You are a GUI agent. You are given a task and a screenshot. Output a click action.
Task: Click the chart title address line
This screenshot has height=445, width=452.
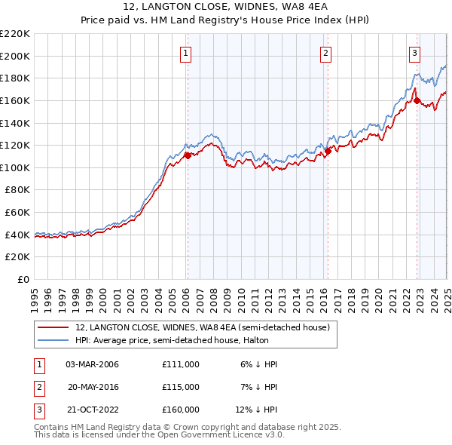[225, 8]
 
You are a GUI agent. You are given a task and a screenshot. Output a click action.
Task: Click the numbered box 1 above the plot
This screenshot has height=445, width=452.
[185, 53]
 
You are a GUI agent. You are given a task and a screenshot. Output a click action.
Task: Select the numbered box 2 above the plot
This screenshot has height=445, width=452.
[325, 53]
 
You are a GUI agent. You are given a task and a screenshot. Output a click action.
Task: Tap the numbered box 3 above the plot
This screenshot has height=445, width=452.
[414, 53]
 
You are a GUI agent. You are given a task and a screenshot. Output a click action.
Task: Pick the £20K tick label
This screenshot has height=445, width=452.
[17, 256]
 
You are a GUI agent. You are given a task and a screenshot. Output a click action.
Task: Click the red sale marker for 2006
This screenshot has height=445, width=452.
[188, 155]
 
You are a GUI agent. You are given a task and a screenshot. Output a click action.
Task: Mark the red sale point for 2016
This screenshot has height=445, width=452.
[328, 151]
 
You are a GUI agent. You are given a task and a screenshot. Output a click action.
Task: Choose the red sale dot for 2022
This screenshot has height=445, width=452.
[417, 100]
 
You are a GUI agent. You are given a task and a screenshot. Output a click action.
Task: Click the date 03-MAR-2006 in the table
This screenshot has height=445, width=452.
[93, 364]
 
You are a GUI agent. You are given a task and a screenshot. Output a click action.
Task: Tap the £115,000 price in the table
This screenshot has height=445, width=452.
[181, 386]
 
